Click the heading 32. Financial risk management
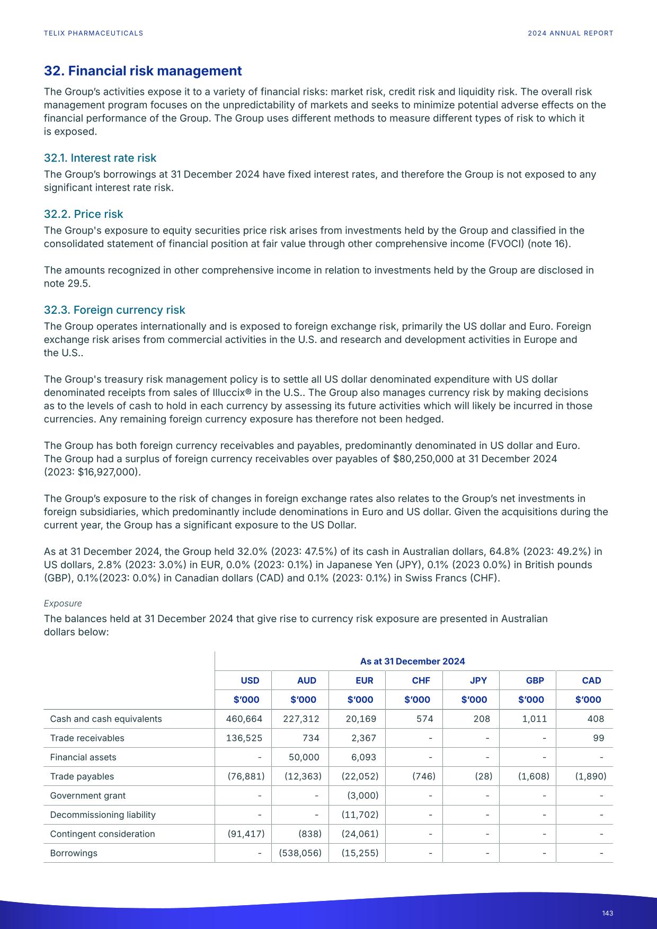[143, 71]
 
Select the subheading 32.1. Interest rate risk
[100, 158]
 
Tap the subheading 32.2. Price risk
[83, 214]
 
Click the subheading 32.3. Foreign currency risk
[114, 310]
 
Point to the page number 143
[607, 913]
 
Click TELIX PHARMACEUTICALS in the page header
[93, 33]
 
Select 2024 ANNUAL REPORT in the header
[570, 33]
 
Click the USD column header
[250, 680]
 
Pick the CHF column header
[421, 680]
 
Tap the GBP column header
[535, 680]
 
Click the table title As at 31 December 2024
[412, 661]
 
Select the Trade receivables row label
[87, 738]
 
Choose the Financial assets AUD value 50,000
[305, 757]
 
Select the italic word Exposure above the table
[63, 604]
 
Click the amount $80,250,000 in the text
[423, 459]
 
